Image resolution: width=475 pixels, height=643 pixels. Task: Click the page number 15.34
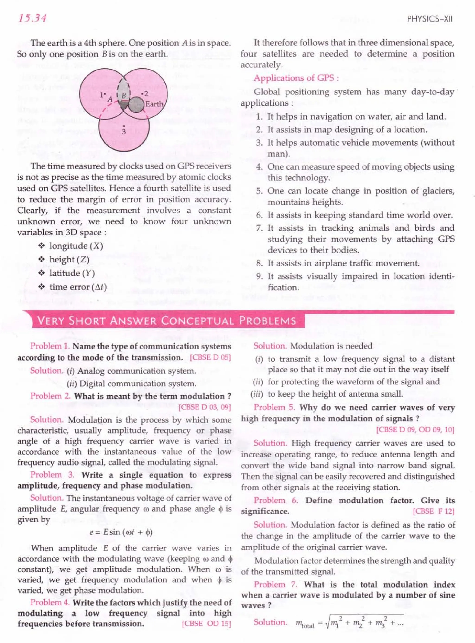click(x=32, y=18)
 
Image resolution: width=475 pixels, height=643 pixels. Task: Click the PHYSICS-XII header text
click(x=430, y=19)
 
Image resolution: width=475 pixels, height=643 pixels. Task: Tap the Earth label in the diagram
click(x=154, y=104)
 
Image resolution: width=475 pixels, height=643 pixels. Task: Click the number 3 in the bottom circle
click(x=124, y=132)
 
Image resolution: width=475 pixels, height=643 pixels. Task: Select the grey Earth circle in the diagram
click(x=135, y=105)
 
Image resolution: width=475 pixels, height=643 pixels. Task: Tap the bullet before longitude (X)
click(x=42, y=246)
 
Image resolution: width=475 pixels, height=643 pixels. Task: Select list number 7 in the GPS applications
click(x=259, y=228)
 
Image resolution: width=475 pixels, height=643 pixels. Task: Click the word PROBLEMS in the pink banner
click(x=268, y=321)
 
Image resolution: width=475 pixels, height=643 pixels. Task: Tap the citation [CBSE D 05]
click(x=210, y=358)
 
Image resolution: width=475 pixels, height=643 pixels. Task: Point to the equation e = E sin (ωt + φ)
click(x=121, y=532)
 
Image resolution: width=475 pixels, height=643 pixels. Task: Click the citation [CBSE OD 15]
click(x=206, y=624)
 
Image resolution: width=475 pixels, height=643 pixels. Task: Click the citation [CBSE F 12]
click(x=433, y=511)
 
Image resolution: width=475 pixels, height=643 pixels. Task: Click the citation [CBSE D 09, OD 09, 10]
click(x=415, y=430)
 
